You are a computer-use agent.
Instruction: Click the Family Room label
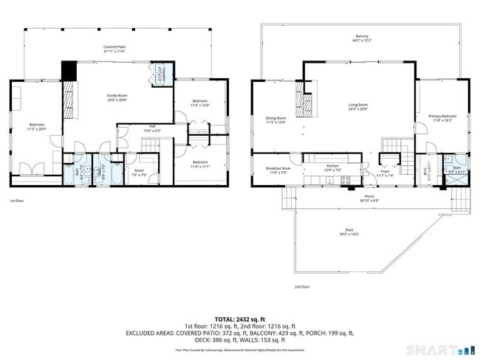117,95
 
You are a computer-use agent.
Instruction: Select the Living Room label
358,105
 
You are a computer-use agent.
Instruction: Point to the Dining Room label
276,117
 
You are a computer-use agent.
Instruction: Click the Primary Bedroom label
442,116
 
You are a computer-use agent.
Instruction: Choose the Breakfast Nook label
278,168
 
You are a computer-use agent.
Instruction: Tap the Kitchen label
332,168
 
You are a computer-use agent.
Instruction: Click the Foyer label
385,172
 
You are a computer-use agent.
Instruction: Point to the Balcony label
361,35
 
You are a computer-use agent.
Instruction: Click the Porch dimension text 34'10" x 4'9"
368,201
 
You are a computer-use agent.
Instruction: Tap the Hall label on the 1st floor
151,126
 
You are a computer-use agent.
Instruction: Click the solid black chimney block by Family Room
69,69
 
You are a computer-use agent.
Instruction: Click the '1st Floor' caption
17,201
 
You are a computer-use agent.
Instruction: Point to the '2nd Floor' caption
301,286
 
